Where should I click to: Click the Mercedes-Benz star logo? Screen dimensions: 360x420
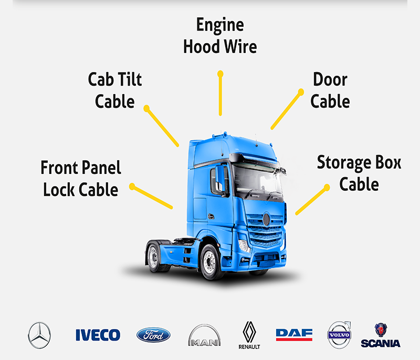[40, 335]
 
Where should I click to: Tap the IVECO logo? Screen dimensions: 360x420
[98, 335]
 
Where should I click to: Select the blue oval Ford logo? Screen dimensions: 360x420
[153, 335]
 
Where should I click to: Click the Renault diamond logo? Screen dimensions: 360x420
[249, 334]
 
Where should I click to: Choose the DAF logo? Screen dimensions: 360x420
[294, 334]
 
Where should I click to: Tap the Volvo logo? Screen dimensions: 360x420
[339, 335]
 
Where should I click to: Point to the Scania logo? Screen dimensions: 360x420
[381, 335]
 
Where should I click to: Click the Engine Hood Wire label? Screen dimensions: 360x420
[220, 35]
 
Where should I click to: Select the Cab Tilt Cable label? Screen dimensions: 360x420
[115, 90]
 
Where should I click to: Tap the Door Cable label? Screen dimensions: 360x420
[330, 90]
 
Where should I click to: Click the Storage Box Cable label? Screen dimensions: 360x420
[359, 173]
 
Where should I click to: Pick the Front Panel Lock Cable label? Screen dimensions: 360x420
[81, 178]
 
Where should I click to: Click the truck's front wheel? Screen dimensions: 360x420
[212, 261]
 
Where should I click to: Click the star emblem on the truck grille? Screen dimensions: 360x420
[266, 219]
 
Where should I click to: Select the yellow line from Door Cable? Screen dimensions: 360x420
[286, 109]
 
